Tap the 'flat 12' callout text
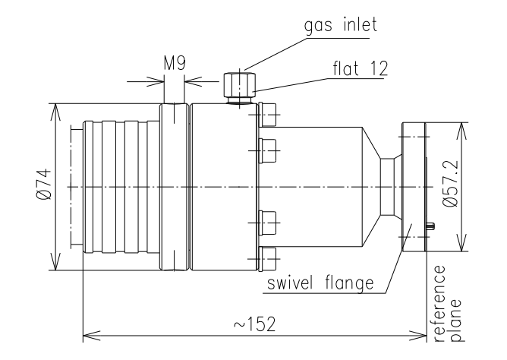click(360, 69)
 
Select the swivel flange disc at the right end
click(413, 186)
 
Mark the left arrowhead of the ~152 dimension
click(86, 332)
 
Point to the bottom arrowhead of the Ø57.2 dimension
click(460, 248)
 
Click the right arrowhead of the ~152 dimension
click(423, 332)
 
